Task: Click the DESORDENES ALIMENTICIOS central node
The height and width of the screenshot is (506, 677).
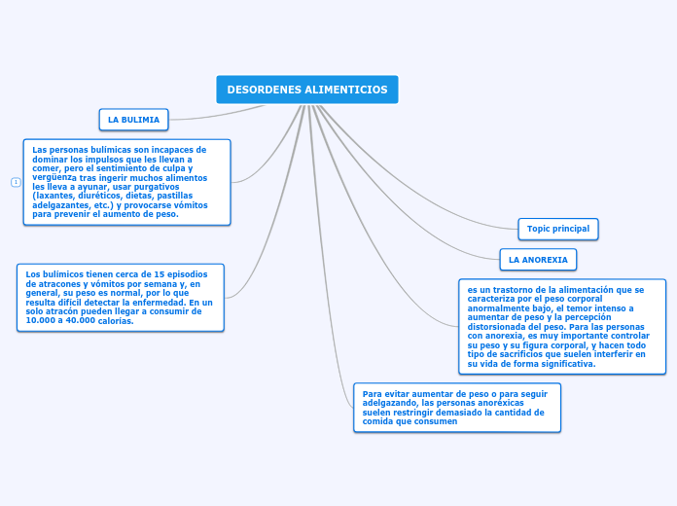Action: coord(307,90)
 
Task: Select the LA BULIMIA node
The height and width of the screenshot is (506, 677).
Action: coord(133,120)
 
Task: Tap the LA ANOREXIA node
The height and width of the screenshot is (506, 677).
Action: coord(538,260)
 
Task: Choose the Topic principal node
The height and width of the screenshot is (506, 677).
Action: coord(557,229)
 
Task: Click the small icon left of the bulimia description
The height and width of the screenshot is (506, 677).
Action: coord(16,182)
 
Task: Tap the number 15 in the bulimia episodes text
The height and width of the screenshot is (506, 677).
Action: coord(160,274)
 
